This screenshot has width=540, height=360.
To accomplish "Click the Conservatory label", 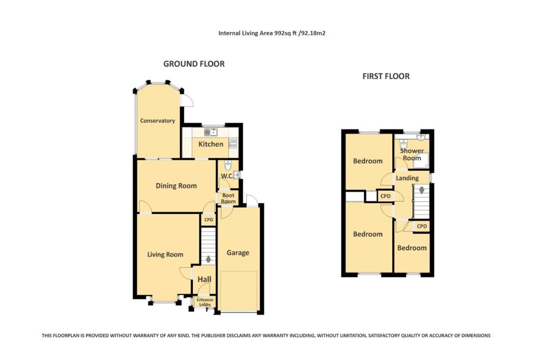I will (157, 121).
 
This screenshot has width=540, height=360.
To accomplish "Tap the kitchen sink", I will (210, 132).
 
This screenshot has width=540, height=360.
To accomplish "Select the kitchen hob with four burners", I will (233, 142).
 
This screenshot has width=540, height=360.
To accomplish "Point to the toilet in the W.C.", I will (228, 164).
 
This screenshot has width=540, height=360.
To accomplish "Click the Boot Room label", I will (228, 198).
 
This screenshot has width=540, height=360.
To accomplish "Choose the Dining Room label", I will (176, 186).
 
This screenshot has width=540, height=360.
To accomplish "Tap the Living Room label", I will (165, 255).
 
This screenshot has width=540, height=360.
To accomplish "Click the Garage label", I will (238, 253).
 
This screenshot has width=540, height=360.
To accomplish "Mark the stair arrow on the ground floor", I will (209, 259).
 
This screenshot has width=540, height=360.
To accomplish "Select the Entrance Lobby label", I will (205, 302).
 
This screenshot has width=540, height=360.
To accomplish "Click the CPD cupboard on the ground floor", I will (208, 220).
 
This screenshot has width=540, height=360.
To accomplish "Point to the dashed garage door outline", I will (238, 291).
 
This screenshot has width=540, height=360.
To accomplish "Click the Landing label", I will (407, 178).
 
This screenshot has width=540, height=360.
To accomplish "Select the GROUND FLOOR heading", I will (194, 64).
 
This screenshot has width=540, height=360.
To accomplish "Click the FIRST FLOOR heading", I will (385, 76).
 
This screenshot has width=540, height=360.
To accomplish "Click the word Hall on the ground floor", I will (204, 280).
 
